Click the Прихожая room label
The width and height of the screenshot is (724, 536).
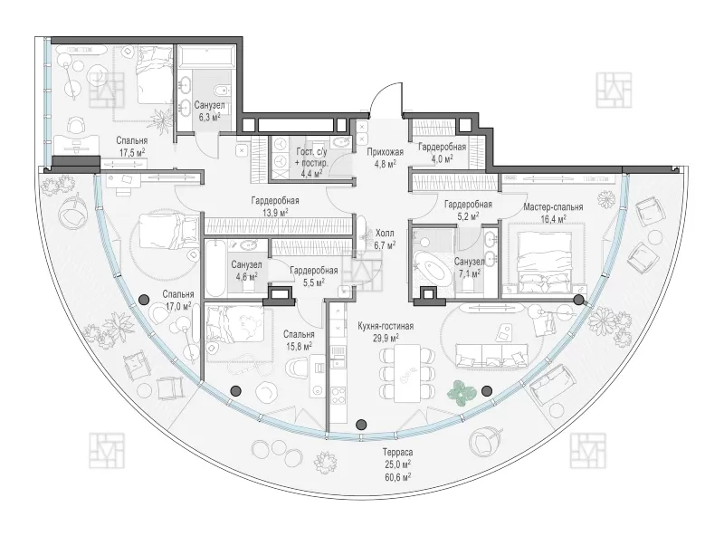click(x=386, y=152)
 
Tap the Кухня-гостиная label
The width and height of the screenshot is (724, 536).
click(x=386, y=326)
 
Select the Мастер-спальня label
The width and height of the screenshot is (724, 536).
click(x=553, y=207)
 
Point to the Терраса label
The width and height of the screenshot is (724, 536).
click(x=397, y=453)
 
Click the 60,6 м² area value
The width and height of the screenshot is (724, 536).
click(x=397, y=476)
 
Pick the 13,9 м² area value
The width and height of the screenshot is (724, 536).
click(x=275, y=212)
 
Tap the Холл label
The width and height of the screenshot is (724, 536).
click(x=385, y=234)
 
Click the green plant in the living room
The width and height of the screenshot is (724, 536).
click(x=462, y=393)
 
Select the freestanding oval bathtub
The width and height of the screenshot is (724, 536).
click(x=433, y=267)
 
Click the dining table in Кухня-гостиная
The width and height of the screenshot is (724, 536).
click(x=406, y=373)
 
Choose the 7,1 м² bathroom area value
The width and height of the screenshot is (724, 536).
click(x=469, y=273)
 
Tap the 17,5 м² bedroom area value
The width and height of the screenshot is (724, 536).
click(x=132, y=152)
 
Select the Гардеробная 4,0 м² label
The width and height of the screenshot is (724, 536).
click(x=442, y=152)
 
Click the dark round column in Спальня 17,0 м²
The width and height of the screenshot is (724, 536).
click(x=144, y=300)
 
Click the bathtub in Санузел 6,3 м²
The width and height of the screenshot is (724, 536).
click(x=206, y=57)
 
